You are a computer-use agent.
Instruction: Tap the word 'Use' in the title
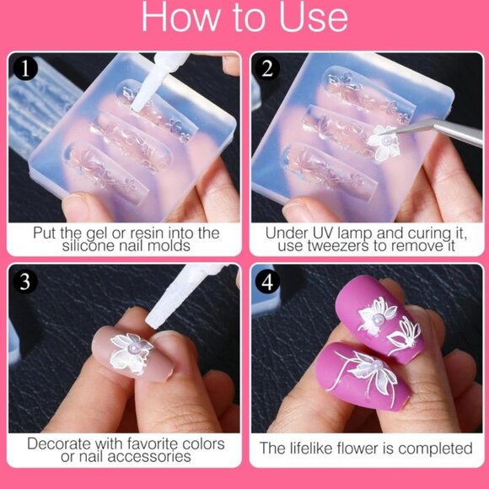click(311, 18)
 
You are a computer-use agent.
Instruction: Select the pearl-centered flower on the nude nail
click(131, 350)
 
